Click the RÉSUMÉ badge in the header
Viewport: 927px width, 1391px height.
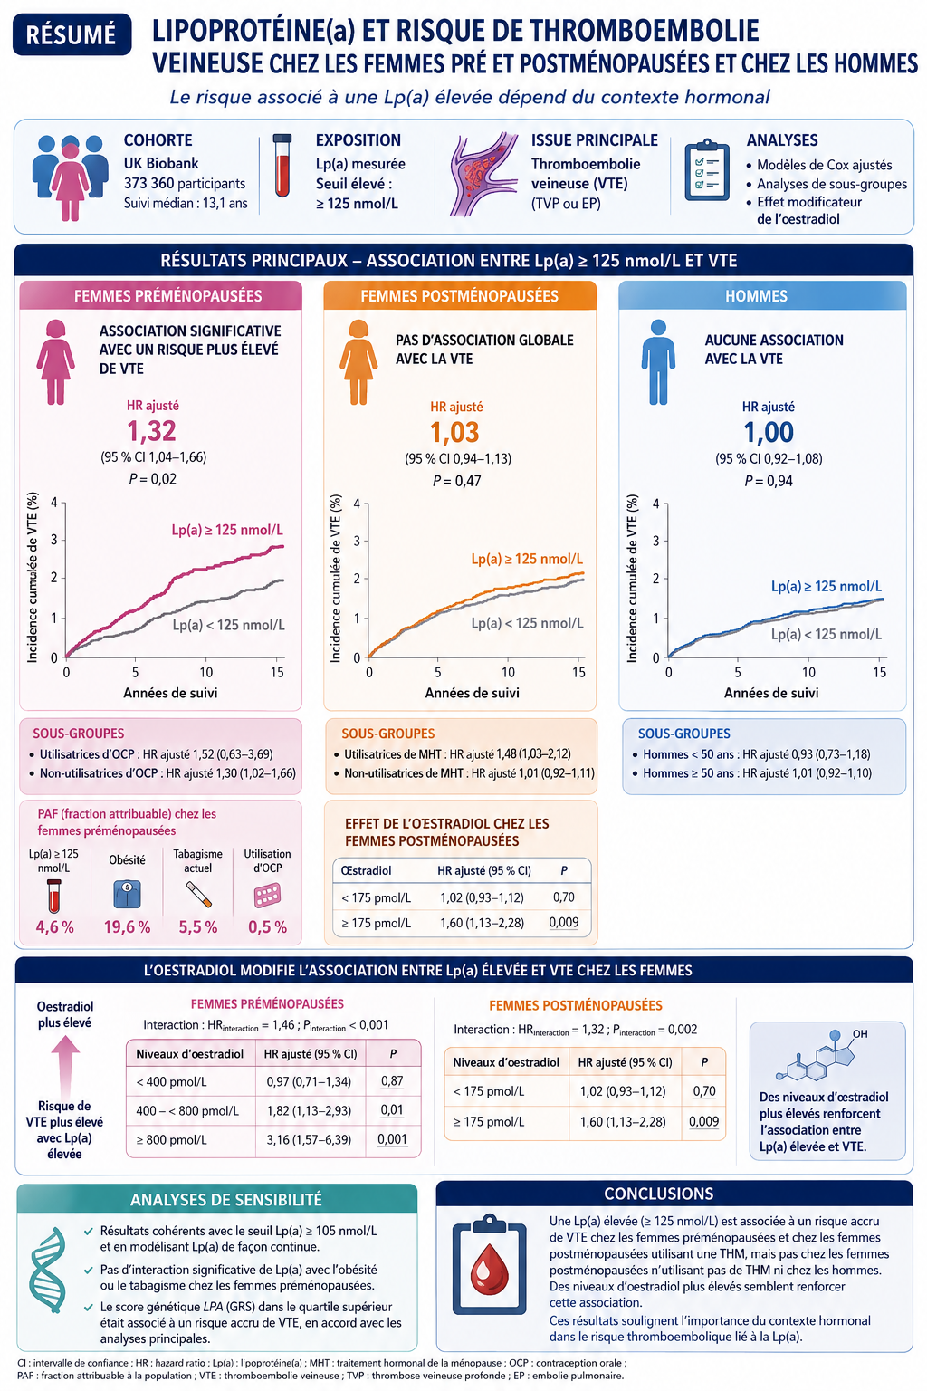click(x=72, y=34)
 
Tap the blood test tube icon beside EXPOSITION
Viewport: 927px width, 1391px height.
click(x=282, y=166)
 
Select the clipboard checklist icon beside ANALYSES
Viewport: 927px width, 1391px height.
click(x=707, y=170)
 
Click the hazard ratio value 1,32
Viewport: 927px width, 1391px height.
click(x=151, y=431)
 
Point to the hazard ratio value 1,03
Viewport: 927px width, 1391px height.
click(x=454, y=432)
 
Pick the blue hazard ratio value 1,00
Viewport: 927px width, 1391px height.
click(x=769, y=432)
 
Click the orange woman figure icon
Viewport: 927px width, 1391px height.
click(x=358, y=362)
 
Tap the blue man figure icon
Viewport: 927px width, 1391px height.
click(x=658, y=362)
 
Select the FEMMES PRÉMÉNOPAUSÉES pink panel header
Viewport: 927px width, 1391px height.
click(x=161, y=295)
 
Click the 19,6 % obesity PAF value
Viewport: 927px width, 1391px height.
click(x=128, y=927)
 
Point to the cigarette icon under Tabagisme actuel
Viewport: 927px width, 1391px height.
click(x=198, y=895)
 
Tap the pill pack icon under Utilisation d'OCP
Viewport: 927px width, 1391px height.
click(x=268, y=896)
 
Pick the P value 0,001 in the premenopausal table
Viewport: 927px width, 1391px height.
click(x=392, y=1139)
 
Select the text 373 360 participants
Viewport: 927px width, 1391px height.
click(x=185, y=183)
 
